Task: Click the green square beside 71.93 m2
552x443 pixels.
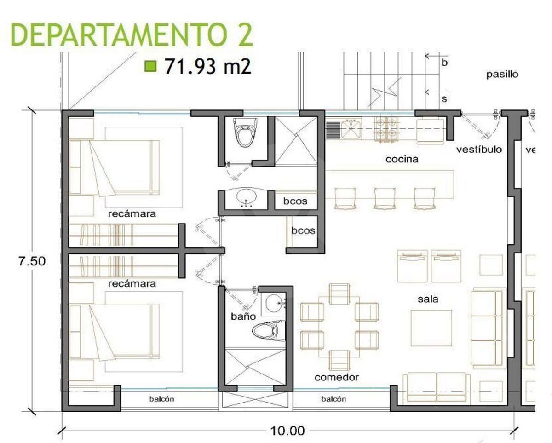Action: point(150,66)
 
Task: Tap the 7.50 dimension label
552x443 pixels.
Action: point(32,261)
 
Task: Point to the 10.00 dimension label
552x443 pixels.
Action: point(287,431)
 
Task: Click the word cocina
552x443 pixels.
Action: point(402,159)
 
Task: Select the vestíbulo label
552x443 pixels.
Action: point(479,150)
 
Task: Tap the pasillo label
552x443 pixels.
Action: point(502,75)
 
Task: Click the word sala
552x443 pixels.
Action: point(428,299)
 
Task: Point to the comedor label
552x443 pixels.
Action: point(337,377)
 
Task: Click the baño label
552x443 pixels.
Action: point(243,316)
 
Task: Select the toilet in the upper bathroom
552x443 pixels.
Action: point(246,132)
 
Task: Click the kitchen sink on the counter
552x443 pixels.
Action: point(351,128)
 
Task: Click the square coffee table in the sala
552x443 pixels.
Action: point(431,328)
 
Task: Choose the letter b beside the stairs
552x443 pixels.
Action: point(444,63)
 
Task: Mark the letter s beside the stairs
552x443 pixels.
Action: point(444,99)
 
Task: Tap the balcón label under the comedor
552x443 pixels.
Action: point(333,399)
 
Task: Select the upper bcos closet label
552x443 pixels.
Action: point(295,201)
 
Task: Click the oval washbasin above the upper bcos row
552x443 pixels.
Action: point(247,197)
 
